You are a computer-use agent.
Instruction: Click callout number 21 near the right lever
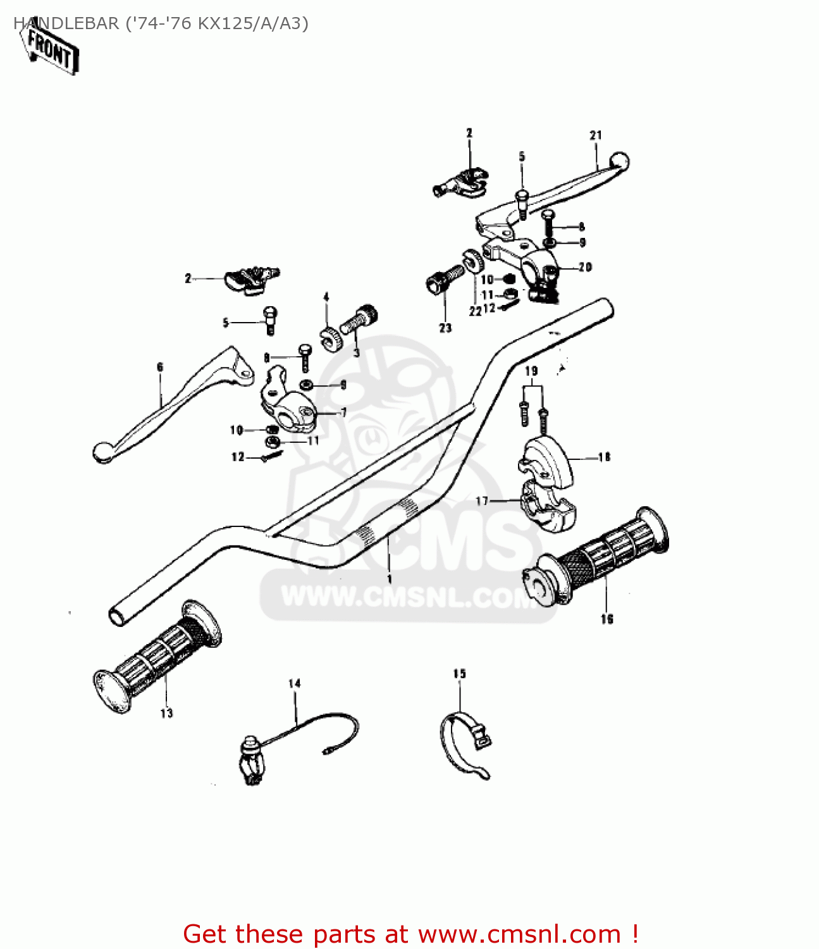[x=596, y=135]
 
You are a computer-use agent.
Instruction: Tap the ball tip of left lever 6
[x=101, y=452]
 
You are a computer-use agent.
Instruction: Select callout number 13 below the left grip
[x=166, y=714]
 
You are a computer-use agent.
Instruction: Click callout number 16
[x=607, y=619]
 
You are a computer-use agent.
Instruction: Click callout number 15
[x=459, y=674]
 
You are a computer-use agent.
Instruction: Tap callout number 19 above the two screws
[x=531, y=371]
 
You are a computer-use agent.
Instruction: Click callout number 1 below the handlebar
[x=390, y=578]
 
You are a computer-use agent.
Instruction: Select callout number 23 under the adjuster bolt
[x=445, y=328]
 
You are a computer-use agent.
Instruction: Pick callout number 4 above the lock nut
[x=326, y=297]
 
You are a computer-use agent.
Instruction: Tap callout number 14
[x=295, y=683]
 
